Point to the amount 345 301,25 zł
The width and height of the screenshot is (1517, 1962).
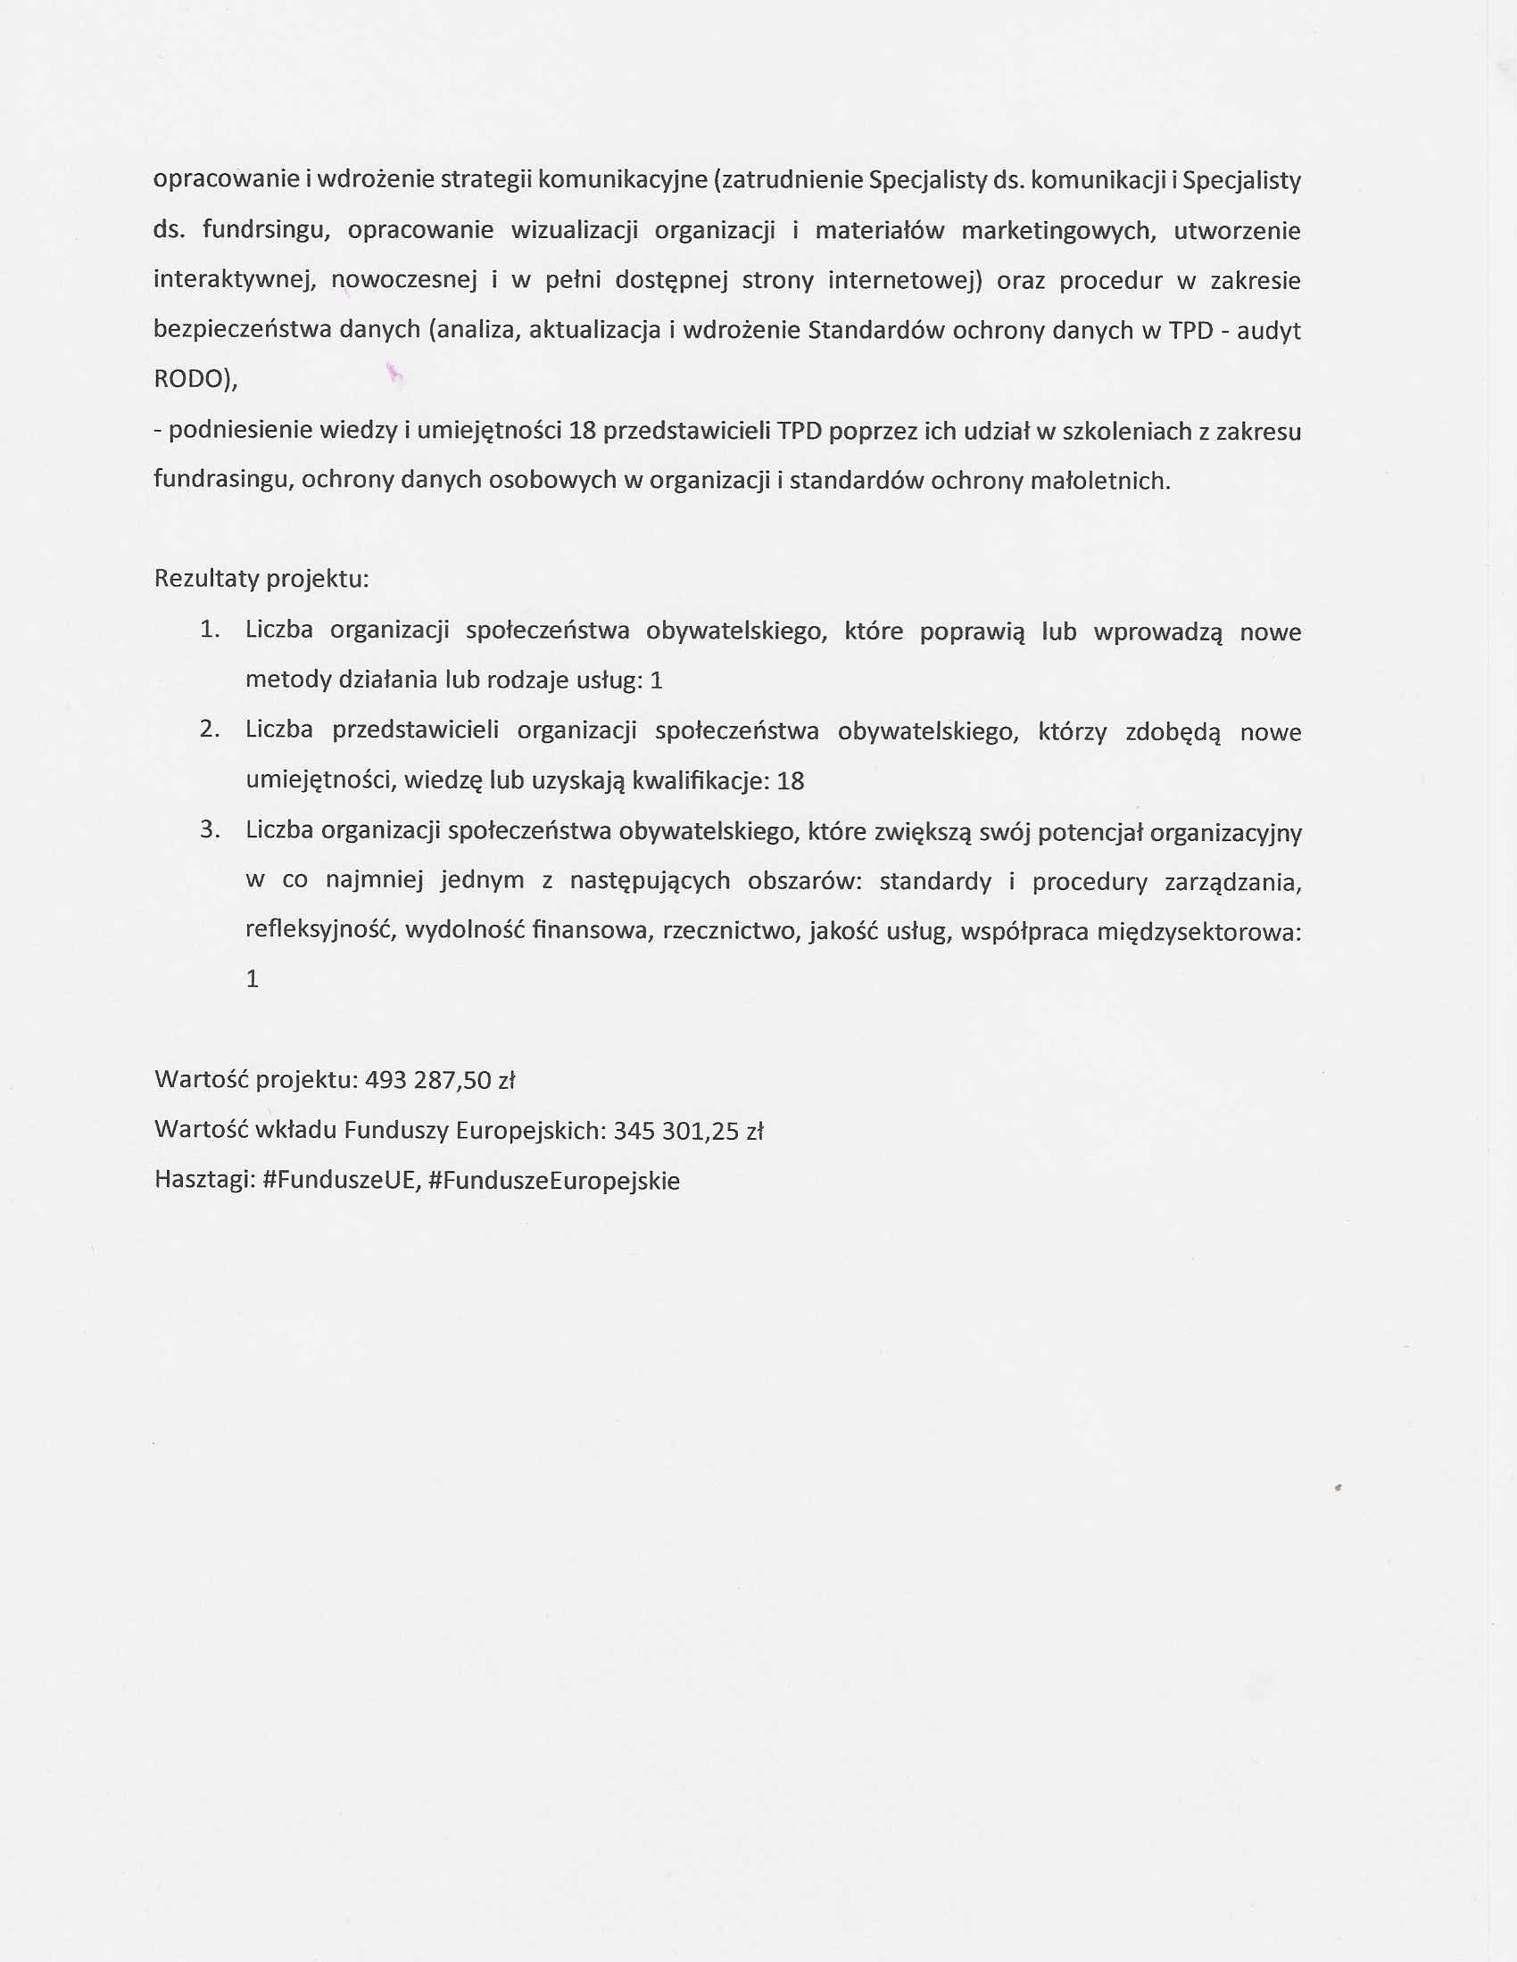[x=688, y=1130]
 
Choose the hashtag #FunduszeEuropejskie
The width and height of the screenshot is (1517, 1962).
[x=554, y=1181]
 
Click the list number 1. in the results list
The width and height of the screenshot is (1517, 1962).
[x=210, y=630]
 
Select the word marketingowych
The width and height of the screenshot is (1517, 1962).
[x=1056, y=231]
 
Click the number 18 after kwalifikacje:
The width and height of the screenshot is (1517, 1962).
[x=790, y=780]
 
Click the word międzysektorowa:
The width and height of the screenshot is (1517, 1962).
[x=1198, y=932]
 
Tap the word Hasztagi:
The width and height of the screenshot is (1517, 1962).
[x=204, y=1181]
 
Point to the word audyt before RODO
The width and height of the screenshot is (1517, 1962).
[x=1269, y=331]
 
